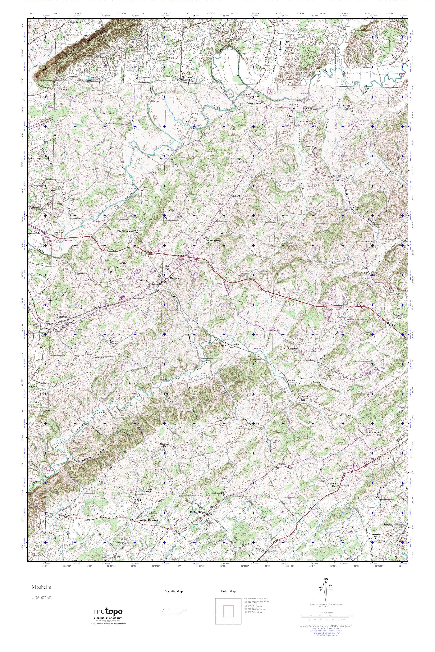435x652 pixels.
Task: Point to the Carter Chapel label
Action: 254,103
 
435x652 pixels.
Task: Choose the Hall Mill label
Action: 236,196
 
